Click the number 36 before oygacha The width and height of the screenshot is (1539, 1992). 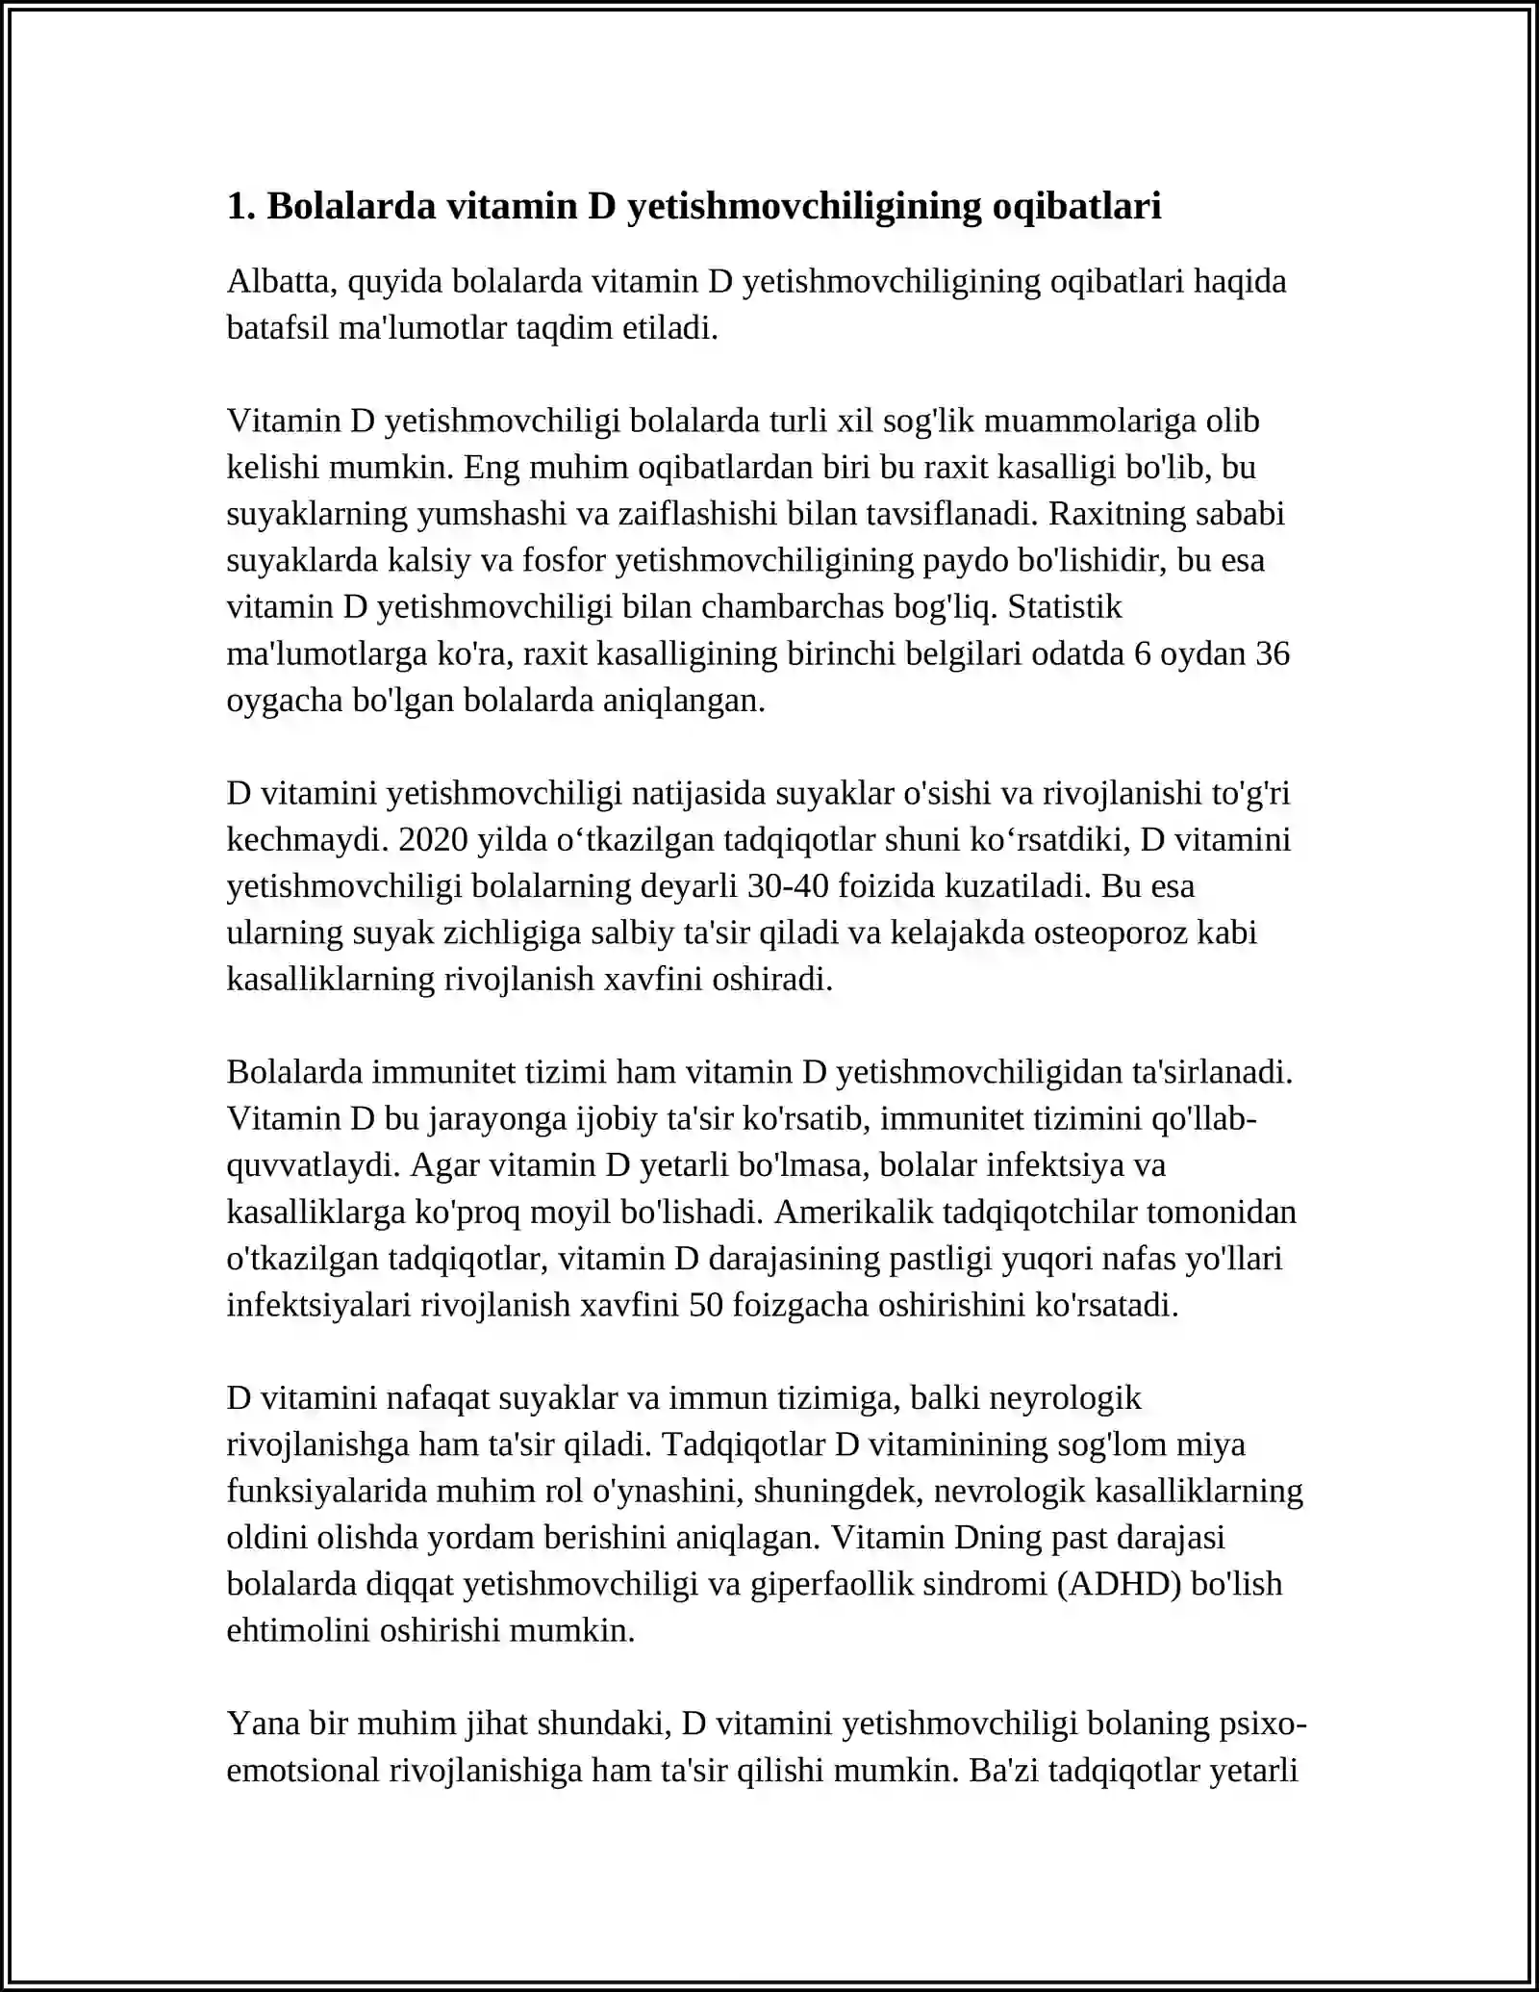click(x=1273, y=653)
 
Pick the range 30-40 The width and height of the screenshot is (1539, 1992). click(x=787, y=886)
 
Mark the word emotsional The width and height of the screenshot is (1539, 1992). click(x=303, y=1770)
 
